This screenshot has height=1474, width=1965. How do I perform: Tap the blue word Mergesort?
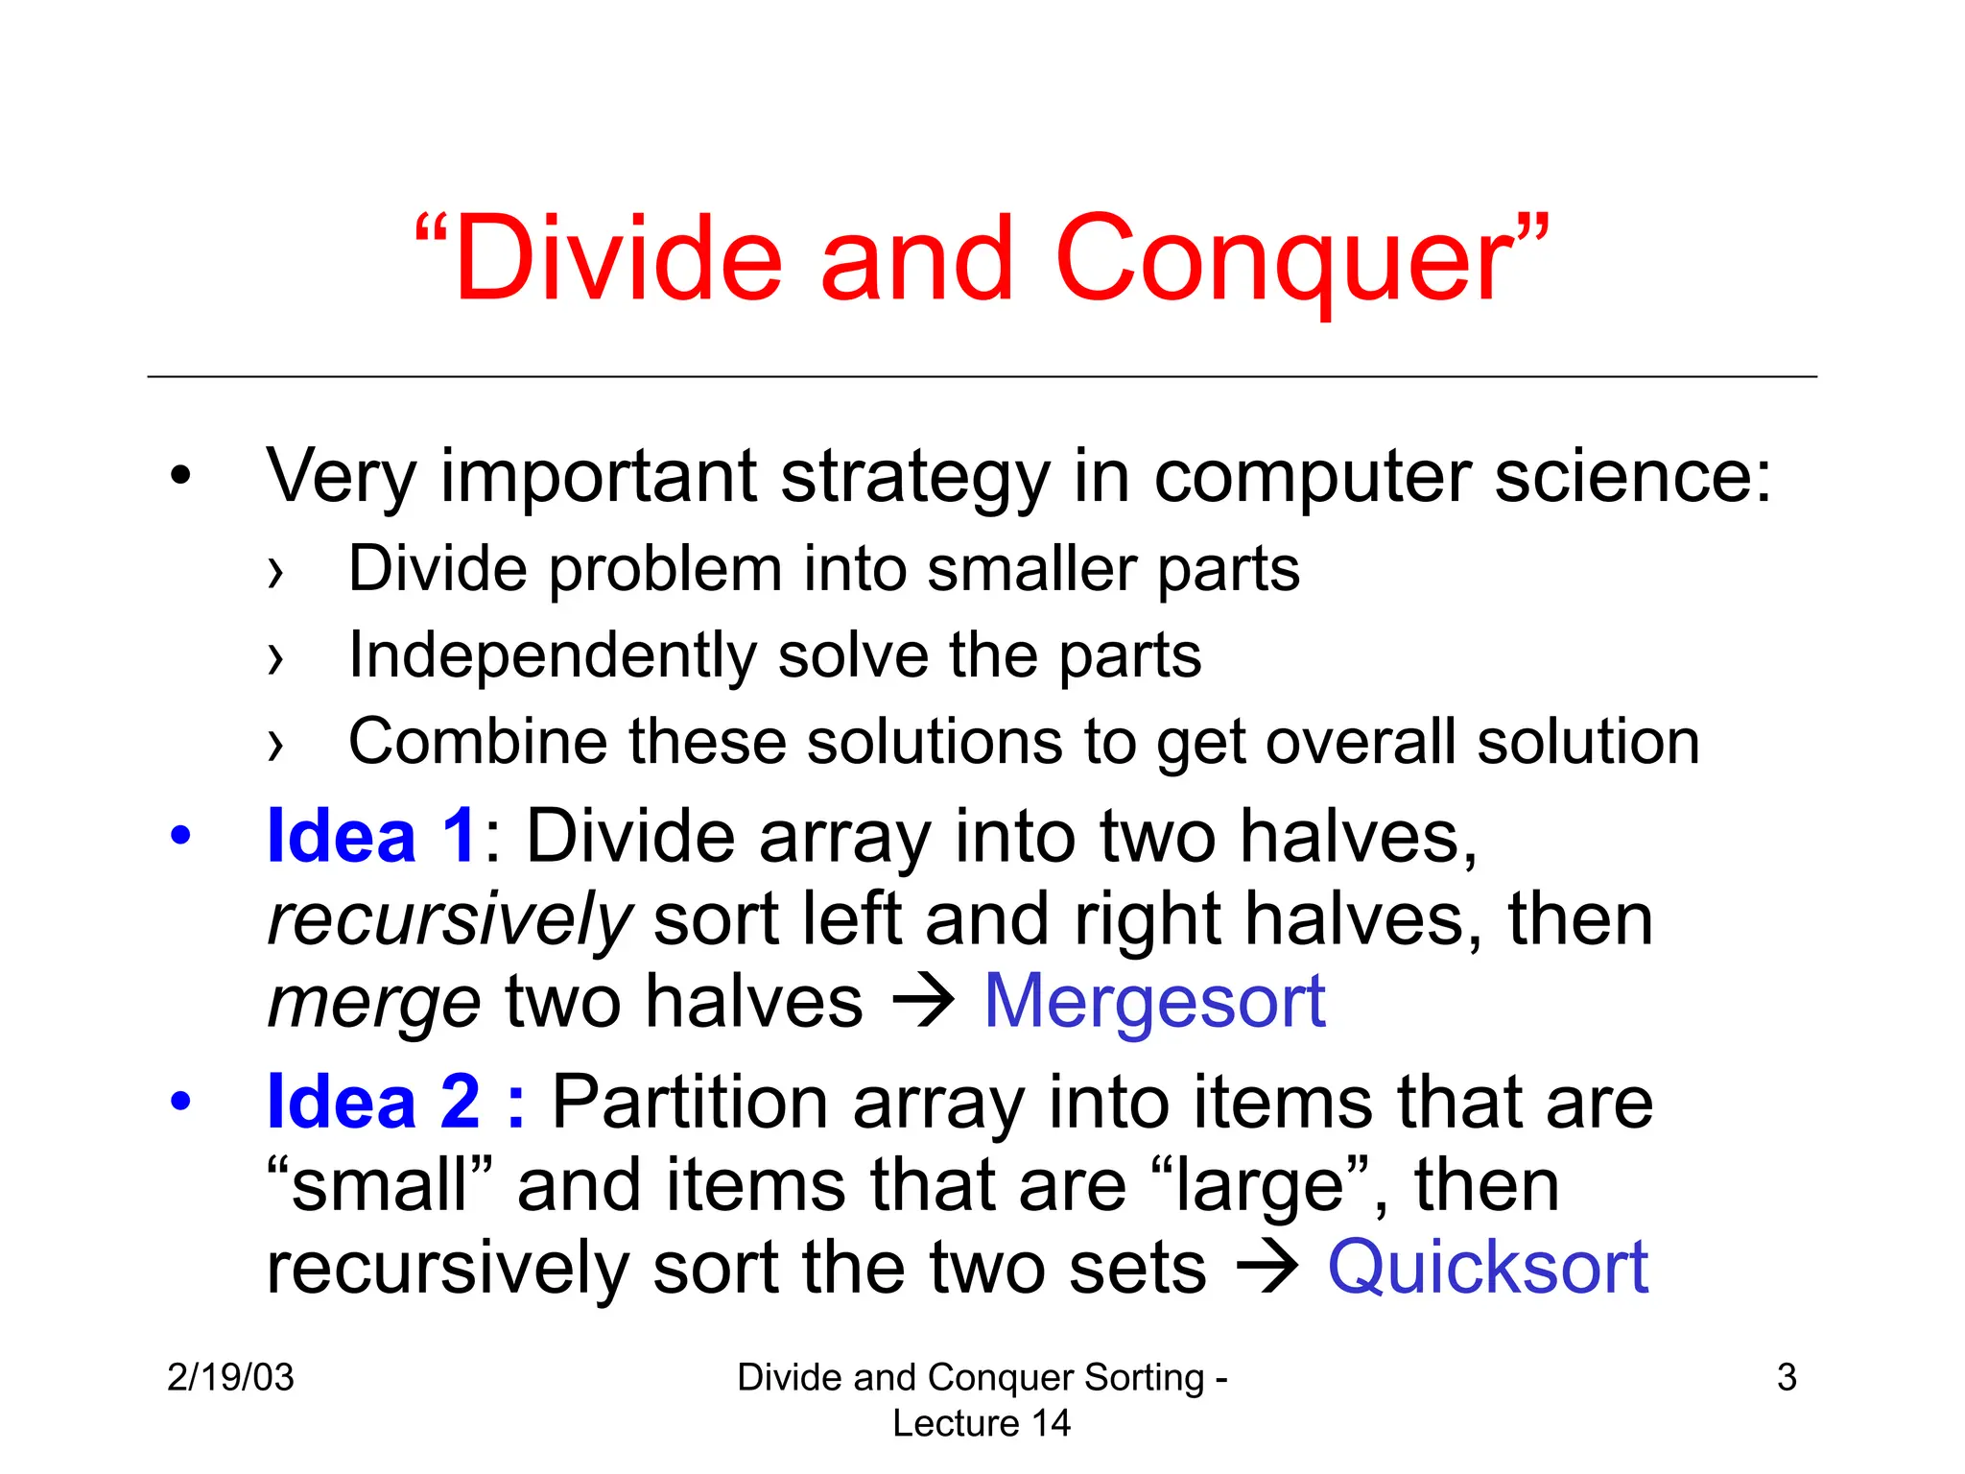pos(1154,1002)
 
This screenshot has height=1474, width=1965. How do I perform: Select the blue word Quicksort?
pos(1487,1267)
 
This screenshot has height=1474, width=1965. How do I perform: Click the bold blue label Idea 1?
pos(371,836)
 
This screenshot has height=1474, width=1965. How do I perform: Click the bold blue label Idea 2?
pos(374,1102)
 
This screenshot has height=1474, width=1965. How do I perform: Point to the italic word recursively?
pos(449,919)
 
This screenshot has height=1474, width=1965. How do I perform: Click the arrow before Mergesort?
pos(923,1002)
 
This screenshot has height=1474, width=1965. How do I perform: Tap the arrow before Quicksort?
pos(1267,1267)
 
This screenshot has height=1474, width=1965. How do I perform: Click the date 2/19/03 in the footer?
pos(230,1377)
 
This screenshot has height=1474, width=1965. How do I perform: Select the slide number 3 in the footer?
pos(1786,1377)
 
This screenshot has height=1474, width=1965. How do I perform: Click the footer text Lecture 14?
pos(981,1423)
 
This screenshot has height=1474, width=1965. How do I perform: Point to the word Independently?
pos(552,655)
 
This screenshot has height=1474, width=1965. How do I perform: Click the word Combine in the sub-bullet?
pos(478,742)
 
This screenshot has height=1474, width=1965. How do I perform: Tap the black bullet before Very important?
pos(180,475)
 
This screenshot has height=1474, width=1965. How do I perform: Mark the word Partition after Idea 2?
pos(690,1102)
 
